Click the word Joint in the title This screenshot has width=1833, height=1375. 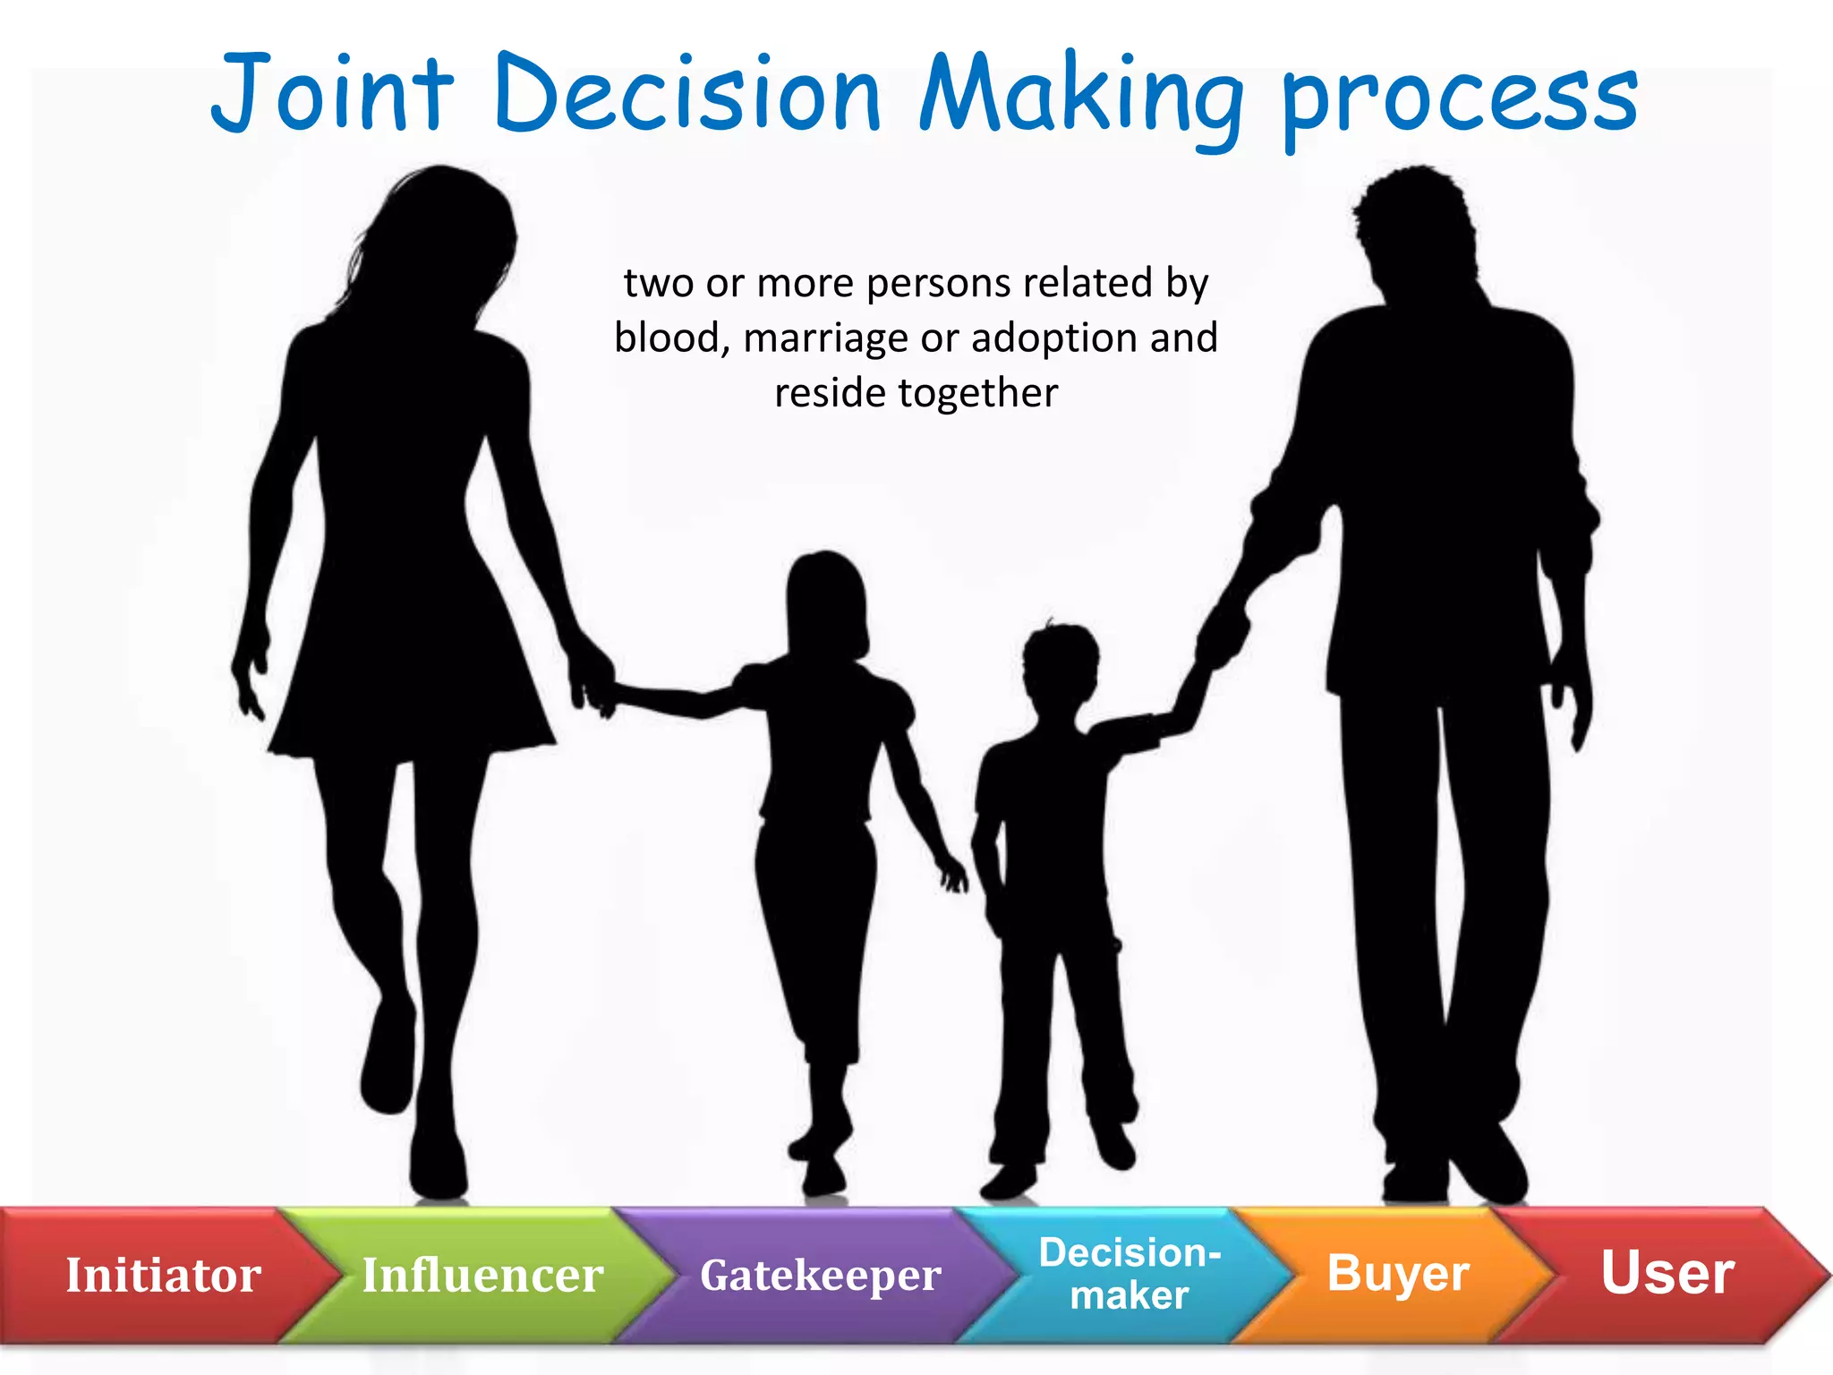tap(332, 94)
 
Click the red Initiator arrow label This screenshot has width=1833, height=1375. tap(163, 1275)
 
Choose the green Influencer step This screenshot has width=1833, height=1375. tap(482, 1275)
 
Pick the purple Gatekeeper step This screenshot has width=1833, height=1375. tap(820, 1275)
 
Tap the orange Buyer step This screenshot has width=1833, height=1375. tap(1398, 1273)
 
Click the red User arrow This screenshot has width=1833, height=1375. tap(1667, 1273)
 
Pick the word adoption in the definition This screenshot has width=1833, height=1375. tap(1054, 338)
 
